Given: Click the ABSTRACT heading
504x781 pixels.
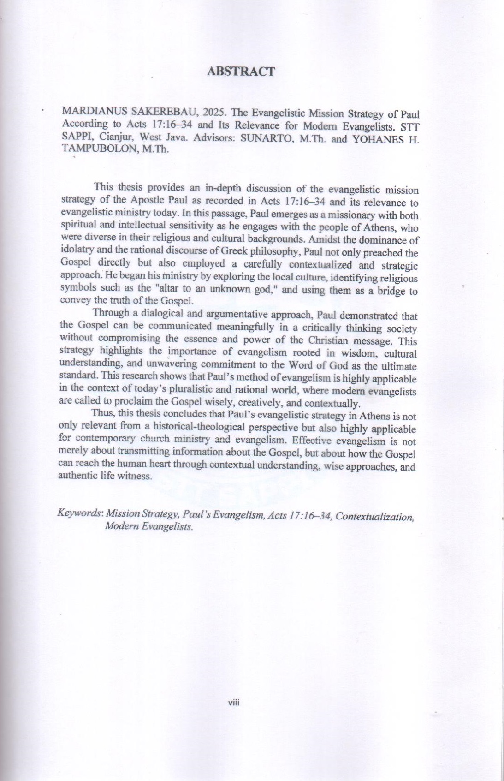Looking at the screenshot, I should [x=241, y=72].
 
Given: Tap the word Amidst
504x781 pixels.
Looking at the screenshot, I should [x=323, y=240].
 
